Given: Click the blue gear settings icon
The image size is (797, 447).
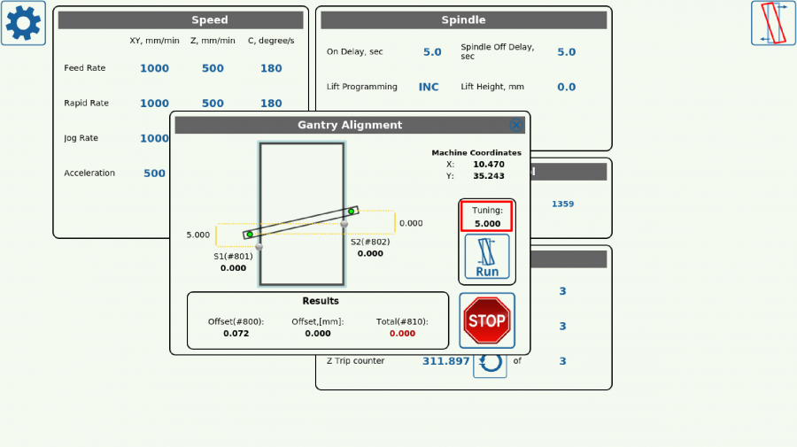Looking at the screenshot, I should pos(24,24).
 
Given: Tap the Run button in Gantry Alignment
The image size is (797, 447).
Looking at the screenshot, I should pos(487,257).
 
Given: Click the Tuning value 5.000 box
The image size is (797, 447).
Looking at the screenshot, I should pos(487,218).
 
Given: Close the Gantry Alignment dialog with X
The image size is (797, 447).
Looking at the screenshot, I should pos(516,126).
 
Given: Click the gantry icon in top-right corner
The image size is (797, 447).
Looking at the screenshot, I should pos(773,23).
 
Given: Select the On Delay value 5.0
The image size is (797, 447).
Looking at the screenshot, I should pos(432,52).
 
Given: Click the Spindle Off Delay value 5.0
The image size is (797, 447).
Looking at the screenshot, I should pos(566,52).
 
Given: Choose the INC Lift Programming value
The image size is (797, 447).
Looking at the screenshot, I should pos(429,87).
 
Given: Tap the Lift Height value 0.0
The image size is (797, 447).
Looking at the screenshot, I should pos(566,87).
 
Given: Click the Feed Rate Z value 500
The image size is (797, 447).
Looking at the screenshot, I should pos(213,68).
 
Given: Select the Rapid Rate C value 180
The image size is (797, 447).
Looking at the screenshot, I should pos(271,104).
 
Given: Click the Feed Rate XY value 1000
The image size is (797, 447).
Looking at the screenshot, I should pos(154,68).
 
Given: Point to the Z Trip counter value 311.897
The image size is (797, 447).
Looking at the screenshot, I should pos(446,361).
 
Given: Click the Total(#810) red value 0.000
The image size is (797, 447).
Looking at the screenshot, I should pos(402,334).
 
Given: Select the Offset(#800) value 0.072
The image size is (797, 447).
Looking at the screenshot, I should pos(236,334).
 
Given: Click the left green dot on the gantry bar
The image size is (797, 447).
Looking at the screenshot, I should pos(250,235).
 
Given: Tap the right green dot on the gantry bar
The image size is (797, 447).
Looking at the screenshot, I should pos(352,211).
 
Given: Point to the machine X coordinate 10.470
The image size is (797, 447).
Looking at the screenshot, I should pos(488,164).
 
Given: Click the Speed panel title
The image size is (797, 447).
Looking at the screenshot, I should pos(210,19).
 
